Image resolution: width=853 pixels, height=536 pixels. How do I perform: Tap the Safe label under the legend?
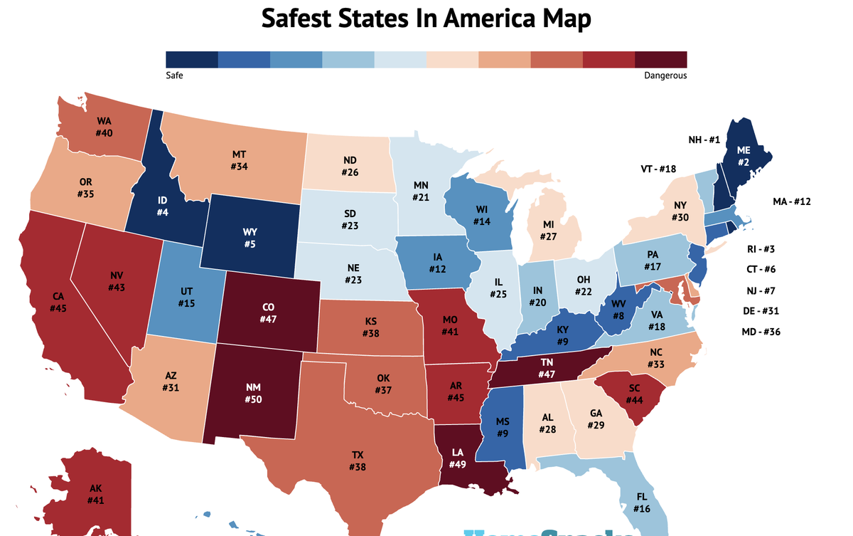coord(174,75)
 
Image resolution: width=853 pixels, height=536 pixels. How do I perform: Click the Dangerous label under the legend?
coord(665,75)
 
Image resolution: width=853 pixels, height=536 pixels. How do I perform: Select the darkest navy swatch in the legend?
coord(191,59)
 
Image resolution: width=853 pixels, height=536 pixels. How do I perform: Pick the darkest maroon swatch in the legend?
coord(661,59)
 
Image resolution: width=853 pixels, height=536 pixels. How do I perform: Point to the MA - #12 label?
coord(791,201)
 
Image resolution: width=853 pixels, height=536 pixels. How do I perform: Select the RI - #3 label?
coord(761,249)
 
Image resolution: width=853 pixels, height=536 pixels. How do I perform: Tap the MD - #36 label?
coord(761,332)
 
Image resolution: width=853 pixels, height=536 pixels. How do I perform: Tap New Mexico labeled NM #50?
coord(254,392)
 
